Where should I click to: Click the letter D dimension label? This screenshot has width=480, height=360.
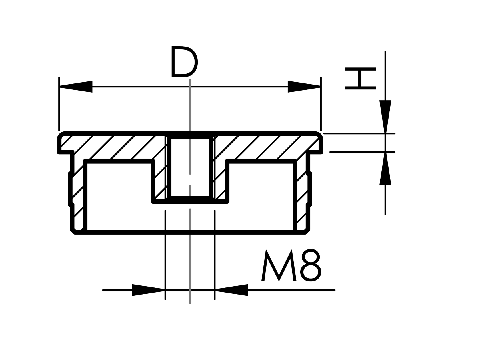click(184, 62)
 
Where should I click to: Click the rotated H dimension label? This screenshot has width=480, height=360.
click(360, 79)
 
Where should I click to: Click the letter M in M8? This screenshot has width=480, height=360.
click(278, 265)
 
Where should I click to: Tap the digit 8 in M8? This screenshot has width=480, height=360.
click(311, 265)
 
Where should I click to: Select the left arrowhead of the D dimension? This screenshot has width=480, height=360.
click(76, 87)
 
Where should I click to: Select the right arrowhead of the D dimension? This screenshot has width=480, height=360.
click(304, 87)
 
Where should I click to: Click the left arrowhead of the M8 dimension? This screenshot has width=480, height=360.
click(148, 290)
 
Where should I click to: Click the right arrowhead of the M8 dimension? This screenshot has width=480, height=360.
click(231, 290)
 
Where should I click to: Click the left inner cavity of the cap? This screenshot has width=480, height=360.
click(119, 197)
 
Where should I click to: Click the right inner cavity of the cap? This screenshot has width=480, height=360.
click(261, 197)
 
